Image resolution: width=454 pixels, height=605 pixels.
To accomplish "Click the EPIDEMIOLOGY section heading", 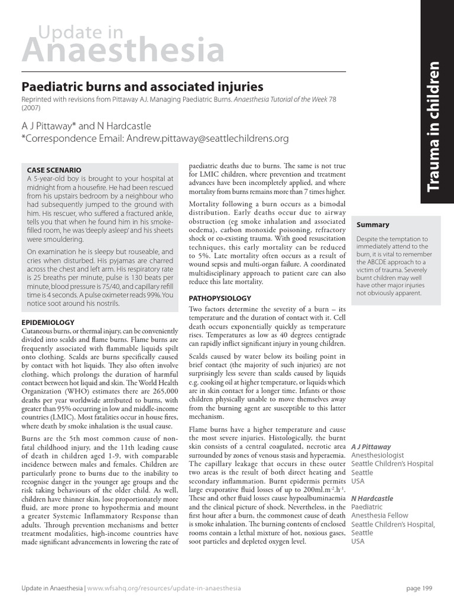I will click(48, 323).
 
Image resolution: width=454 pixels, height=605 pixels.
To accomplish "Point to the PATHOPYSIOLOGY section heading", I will click(220, 299).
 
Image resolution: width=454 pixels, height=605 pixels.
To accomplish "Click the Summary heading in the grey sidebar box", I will click(372, 225).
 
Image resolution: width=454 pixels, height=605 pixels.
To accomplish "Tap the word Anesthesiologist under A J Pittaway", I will click(377, 456).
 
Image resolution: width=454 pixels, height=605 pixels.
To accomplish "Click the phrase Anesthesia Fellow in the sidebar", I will click(380, 516).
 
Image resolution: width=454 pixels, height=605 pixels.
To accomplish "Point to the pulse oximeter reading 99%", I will click(153, 294).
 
